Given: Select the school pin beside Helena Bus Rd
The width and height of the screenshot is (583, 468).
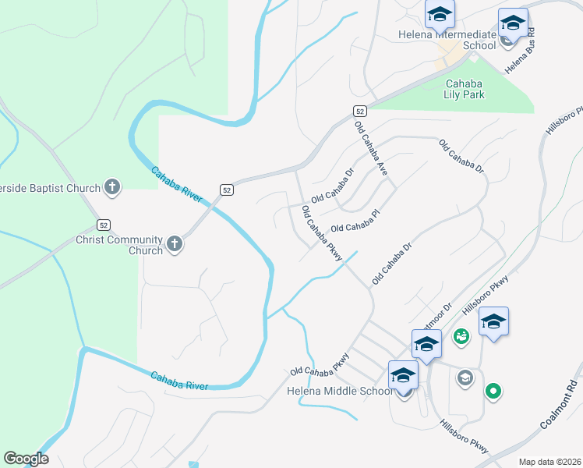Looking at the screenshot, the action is point(513,23).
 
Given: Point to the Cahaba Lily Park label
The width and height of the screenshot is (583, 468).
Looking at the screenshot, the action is point(465,89).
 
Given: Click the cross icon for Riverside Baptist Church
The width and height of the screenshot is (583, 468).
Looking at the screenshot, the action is point(112,187).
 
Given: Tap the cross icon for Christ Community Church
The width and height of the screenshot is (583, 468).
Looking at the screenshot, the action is point(174,244).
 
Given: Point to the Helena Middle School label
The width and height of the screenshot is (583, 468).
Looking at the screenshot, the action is point(340,391).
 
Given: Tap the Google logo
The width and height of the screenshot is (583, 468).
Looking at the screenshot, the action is point(26,459).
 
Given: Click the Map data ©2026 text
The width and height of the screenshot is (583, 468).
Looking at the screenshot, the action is point(549,462).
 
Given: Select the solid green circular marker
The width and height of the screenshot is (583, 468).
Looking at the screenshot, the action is point(493,391).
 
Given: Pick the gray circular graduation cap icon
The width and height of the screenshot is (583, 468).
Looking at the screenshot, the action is point(465,378).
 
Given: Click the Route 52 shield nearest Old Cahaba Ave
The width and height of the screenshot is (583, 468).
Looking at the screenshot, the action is point(359,111).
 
